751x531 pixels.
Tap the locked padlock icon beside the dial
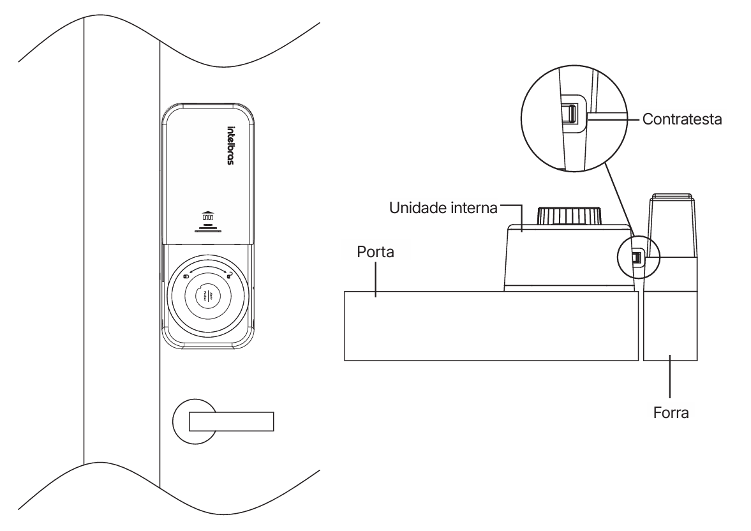click(186, 276)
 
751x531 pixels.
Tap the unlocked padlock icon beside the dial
click(228, 274)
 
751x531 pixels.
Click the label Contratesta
click(682, 119)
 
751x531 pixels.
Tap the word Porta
click(375, 252)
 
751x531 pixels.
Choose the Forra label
click(671, 412)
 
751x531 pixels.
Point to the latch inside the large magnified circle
click(569, 114)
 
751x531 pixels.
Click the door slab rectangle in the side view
click(490, 326)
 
